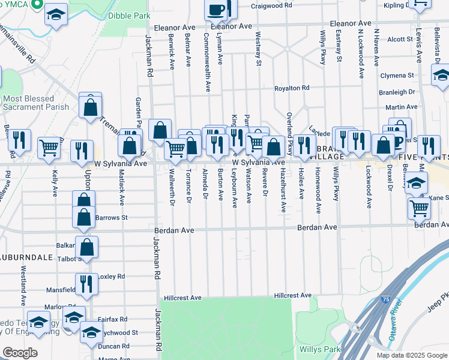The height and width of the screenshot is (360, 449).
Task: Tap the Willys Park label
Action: point(321,349)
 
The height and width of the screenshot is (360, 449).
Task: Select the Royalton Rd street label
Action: point(292,88)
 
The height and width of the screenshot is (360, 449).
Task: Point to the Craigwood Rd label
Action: point(271,5)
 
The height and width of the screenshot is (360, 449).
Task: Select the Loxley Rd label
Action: point(112,277)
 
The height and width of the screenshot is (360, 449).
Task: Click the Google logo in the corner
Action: point(20,353)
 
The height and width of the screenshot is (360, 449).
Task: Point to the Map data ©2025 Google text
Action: point(412,355)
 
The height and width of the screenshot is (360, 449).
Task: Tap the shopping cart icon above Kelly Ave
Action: point(49,147)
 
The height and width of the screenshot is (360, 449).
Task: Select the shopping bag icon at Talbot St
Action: point(86,247)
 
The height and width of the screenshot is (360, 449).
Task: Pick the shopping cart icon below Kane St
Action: point(419,209)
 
